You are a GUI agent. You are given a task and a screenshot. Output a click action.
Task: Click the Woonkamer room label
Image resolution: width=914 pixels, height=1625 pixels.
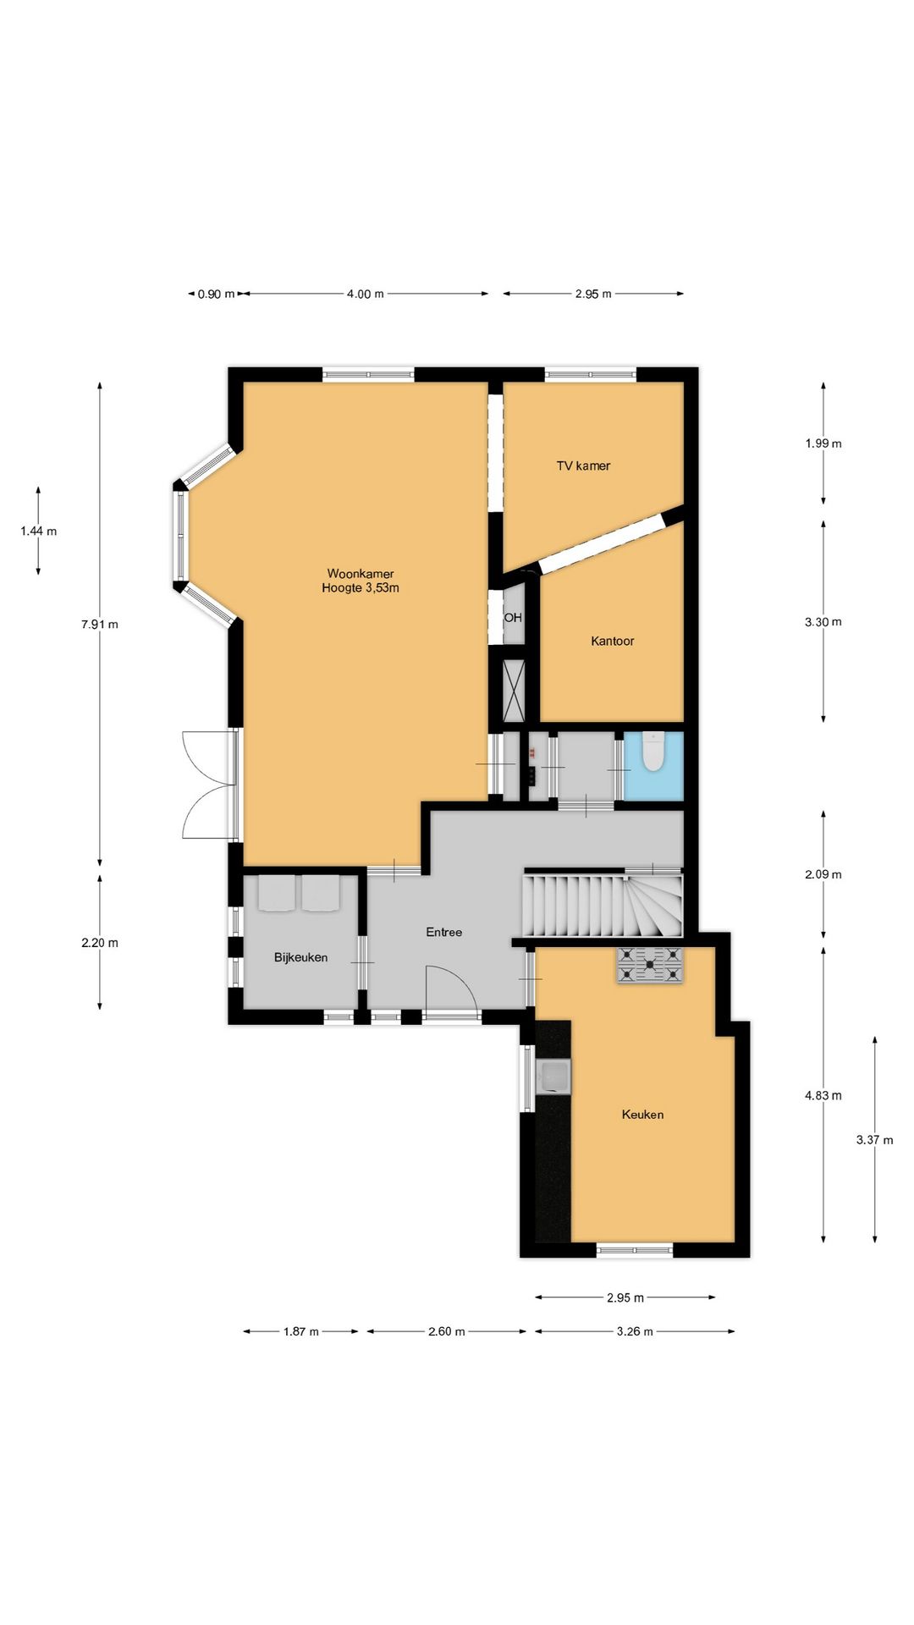click(x=361, y=574)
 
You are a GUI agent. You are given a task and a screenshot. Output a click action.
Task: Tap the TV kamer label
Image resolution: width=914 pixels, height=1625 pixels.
click(x=583, y=465)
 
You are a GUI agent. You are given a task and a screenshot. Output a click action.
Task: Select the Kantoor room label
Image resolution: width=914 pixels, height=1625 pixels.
click(x=613, y=641)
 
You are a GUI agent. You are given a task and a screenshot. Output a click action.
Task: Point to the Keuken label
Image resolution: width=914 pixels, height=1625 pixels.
click(x=642, y=1115)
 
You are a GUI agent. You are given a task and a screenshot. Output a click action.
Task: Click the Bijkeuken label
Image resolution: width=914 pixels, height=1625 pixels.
click(x=300, y=957)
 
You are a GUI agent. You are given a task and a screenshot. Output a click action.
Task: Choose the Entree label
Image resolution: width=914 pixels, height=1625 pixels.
click(x=444, y=932)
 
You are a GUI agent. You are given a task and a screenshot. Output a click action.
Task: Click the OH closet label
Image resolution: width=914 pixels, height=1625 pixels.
click(x=513, y=618)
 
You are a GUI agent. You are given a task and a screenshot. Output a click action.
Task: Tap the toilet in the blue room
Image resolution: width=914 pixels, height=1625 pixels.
click(x=653, y=752)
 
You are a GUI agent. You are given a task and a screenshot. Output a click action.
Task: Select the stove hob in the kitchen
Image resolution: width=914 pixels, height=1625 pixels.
click(x=650, y=965)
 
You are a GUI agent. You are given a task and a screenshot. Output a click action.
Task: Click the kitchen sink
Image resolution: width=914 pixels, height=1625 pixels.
click(x=554, y=1076)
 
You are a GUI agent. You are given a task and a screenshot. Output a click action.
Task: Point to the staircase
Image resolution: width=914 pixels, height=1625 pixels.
click(x=603, y=904)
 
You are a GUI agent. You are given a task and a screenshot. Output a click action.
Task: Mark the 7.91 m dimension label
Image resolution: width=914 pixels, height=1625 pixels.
click(x=100, y=625)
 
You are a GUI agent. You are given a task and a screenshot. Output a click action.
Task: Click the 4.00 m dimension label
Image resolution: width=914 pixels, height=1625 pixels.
click(x=366, y=294)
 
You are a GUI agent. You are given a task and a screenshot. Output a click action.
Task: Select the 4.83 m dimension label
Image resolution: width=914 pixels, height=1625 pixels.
click(x=823, y=1095)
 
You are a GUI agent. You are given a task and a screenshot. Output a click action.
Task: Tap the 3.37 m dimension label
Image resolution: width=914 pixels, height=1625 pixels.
click(x=875, y=1140)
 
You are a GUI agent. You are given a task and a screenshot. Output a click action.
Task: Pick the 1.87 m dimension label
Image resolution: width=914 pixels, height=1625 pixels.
click(x=301, y=1331)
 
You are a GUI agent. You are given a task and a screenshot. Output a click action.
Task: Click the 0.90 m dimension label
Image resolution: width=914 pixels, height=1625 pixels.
click(x=217, y=294)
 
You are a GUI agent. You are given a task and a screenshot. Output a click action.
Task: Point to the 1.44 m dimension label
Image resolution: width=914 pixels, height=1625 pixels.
click(x=39, y=532)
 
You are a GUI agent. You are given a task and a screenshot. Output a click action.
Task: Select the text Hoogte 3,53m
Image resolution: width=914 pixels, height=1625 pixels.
click(x=361, y=587)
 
